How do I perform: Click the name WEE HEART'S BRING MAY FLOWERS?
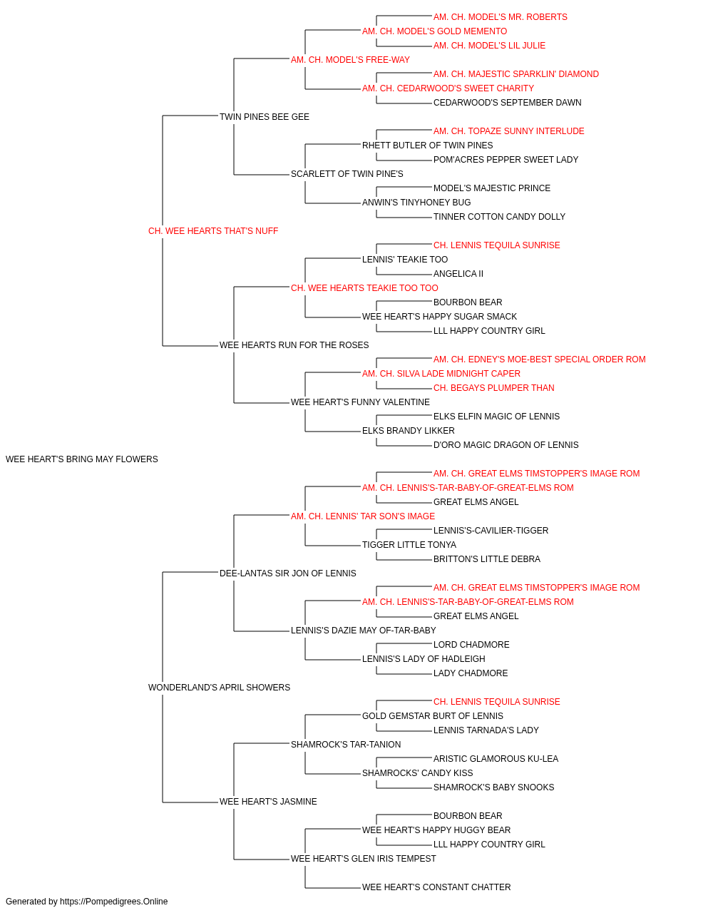click(x=82, y=459)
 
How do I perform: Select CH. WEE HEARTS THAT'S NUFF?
click(x=213, y=231)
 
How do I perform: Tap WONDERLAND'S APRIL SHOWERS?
click(x=219, y=688)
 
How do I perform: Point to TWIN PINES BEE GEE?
click(x=265, y=117)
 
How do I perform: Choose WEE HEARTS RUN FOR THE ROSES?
click(x=294, y=345)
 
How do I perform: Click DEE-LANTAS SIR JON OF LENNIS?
click(x=288, y=573)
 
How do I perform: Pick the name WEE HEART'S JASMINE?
click(x=268, y=802)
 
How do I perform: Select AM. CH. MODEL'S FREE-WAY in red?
click(x=351, y=60)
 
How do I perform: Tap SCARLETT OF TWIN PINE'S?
click(x=347, y=174)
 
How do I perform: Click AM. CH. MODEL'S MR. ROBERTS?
click(x=501, y=17)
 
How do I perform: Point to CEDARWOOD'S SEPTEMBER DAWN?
click(x=508, y=103)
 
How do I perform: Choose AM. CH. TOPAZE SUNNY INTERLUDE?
click(x=509, y=131)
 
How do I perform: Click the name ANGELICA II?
click(x=458, y=274)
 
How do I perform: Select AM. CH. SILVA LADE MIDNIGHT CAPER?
click(x=441, y=374)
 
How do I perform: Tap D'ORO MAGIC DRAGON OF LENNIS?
click(x=506, y=445)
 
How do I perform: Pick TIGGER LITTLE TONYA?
click(x=409, y=545)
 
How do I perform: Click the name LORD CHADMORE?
click(x=471, y=645)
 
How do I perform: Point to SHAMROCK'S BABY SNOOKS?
click(x=494, y=787)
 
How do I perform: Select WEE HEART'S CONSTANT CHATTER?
click(x=436, y=887)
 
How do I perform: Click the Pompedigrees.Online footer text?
click(x=86, y=902)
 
